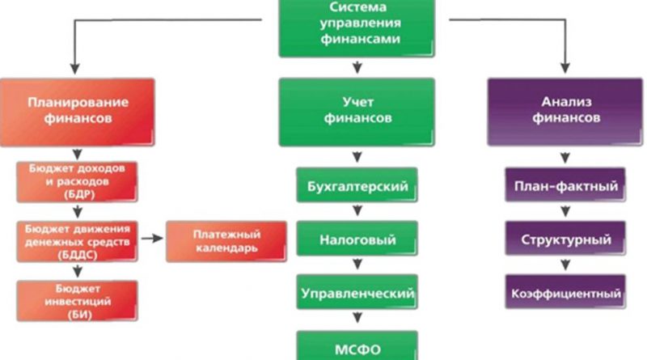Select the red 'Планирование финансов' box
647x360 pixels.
(78, 112)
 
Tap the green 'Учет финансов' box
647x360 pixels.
(357, 112)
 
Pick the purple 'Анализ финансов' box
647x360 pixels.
(565, 112)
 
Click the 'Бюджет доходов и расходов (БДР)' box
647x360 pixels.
(77, 182)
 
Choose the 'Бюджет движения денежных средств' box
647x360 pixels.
(77, 242)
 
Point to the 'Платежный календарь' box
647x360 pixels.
(226, 242)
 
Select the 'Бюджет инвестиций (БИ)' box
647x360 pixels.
(77, 301)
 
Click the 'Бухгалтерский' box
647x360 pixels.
(357, 185)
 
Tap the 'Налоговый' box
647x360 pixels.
(357, 239)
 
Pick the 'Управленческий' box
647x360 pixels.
(357, 292)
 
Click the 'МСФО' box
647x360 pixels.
(357, 346)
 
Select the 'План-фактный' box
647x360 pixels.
(565, 185)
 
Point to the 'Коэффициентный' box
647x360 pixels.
(565, 292)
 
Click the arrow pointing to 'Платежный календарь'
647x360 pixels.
(152, 238)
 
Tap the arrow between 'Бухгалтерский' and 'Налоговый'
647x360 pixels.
(357, 210)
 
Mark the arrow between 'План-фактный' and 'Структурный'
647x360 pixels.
(565, 211)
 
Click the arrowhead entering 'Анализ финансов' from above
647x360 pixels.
(565, 68)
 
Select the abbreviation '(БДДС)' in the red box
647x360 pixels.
(78, 255)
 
